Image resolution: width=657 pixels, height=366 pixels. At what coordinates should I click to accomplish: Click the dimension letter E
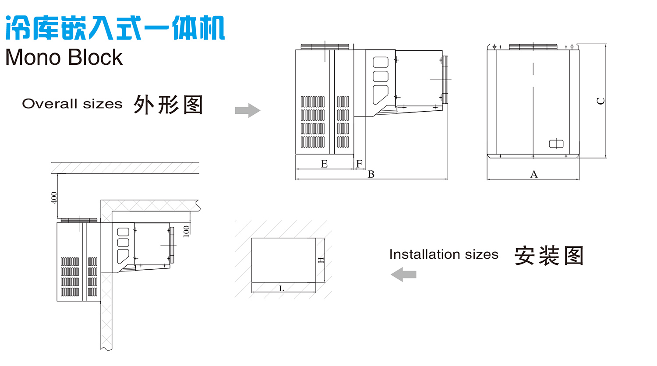point(324,164)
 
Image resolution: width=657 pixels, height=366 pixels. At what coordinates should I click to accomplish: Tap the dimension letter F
point(359,164)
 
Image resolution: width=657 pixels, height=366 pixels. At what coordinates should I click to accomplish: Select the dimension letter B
point(371,174)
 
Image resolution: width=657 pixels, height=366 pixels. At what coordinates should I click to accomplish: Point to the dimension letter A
point(533,174)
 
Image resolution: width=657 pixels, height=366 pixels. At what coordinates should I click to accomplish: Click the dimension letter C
point(601,101)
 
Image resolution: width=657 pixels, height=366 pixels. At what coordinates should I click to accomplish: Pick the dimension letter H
point(321,260)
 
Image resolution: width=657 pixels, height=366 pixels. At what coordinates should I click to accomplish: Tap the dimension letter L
point(281,289)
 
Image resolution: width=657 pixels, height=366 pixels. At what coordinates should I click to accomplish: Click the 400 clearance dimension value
point(54,197)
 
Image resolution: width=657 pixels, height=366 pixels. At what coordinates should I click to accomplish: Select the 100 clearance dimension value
point(187,231)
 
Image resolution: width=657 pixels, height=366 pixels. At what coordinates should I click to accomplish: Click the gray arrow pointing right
point(247,110)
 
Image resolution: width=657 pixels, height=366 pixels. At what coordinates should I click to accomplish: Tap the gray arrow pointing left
point(403,274)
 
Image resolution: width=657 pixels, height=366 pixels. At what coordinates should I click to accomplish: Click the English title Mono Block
point(64,57)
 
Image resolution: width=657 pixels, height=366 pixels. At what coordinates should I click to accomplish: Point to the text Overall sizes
point(72,104)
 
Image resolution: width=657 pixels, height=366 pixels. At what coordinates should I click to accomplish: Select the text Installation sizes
point(444,254)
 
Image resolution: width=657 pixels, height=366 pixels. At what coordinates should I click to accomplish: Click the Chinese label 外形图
point(168,105)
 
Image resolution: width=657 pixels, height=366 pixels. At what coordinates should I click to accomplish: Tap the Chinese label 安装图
point(549,256)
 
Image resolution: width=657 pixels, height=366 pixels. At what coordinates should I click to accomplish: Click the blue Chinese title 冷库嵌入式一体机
point(115,28)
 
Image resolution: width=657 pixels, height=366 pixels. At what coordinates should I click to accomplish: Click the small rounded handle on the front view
point(556,144)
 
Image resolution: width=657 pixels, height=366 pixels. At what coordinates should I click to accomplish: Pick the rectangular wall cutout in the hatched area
point(283,260)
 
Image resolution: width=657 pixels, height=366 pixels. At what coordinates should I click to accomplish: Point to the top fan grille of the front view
point(533,47)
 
